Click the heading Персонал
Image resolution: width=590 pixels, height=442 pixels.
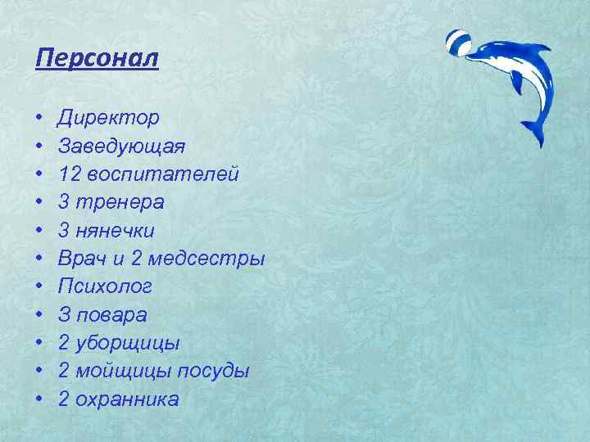click(x=98, y=60)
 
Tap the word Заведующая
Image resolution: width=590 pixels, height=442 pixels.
click(x=121, y=147)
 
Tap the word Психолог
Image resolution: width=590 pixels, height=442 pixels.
click(x=104, y=287)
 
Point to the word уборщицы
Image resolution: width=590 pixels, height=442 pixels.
click(x=131, y=343)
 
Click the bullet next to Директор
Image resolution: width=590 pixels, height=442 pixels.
click(x=40, y=119)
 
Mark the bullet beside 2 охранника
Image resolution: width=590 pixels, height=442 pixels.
click(x=40, y=399)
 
